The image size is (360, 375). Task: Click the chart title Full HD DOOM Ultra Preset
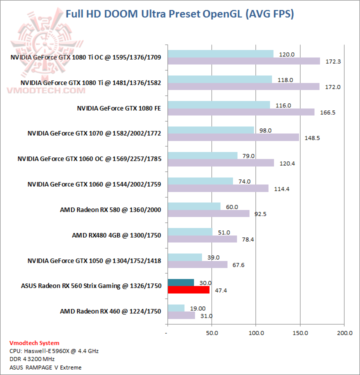(x=180, y=13)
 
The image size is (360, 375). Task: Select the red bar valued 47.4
(x=188, y=289)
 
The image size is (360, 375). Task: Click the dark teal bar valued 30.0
(x=180, y=282)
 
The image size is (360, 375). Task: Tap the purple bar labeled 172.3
(x=244, y=61)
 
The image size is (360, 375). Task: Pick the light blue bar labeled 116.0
(x=219, y=105)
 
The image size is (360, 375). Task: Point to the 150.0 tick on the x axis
(x=299, y=332)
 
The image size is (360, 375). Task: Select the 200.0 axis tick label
(x=343, y=332)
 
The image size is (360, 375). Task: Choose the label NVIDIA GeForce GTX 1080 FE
(x=119, y=108)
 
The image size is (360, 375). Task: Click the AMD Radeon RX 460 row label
(x=110, y=311)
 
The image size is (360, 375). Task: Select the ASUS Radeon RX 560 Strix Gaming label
(x=91, y=286)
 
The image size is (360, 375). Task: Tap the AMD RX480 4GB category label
(x=116, y=235)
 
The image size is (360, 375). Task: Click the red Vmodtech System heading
(x=34, y=343)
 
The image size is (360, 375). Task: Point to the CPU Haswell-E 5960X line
(x=54, y=351)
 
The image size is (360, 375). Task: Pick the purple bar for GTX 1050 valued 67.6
(x=197, y=264)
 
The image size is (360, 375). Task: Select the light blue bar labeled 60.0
(x=194, y=206)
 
